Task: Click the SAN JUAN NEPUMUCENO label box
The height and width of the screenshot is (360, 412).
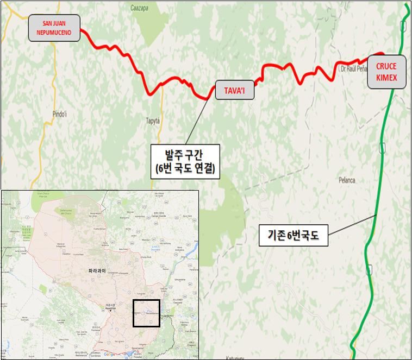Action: point(55,28)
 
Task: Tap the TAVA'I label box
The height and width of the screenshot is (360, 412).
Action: point(235,91)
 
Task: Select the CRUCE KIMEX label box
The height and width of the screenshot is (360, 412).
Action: point(386,72)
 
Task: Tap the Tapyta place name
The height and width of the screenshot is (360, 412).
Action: point(153,121)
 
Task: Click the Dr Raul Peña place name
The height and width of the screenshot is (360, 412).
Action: point(353,70)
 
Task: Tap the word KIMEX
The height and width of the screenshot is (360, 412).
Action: point(386,78)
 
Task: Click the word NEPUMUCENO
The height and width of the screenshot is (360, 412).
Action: point(55,32)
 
